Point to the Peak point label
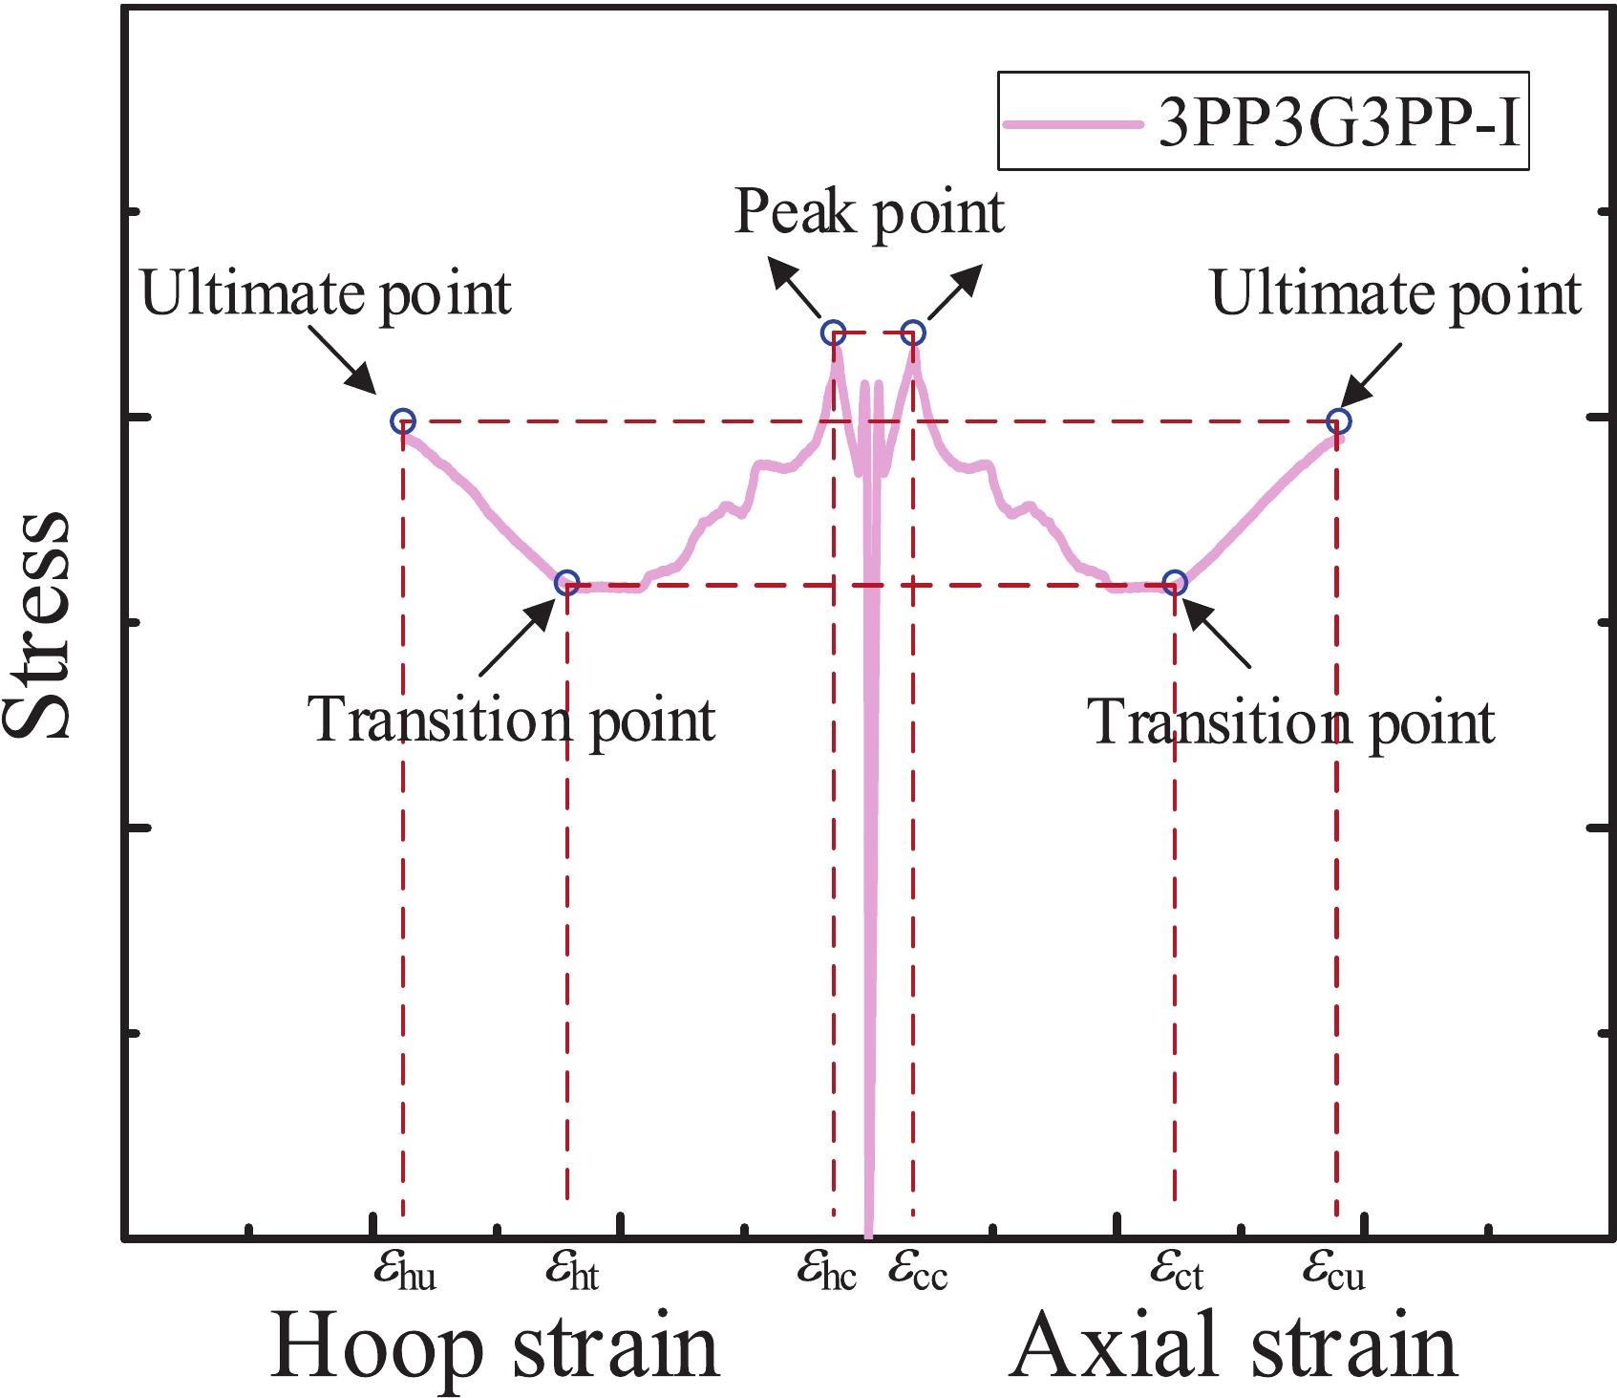[x=869, y=212]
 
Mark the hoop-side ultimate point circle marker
[x=403, y=420]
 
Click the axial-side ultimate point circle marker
[x=1339, y=420]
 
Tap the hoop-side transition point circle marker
[x=567, y=581]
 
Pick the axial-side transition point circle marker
[x=1176, y=582]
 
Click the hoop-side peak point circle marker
[x=834, y=333]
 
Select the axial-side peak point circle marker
[x=913, y=333]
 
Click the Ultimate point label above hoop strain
[x=327, y=294]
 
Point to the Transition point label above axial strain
[x=1291, y=722]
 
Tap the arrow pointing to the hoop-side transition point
[x=517, y=637]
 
